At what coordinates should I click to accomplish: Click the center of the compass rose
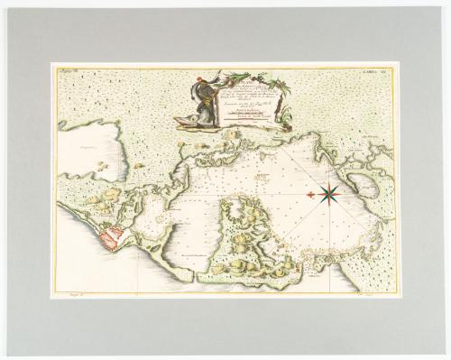(x=328, y=192)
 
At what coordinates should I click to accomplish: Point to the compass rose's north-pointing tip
(x=328, y=180)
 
